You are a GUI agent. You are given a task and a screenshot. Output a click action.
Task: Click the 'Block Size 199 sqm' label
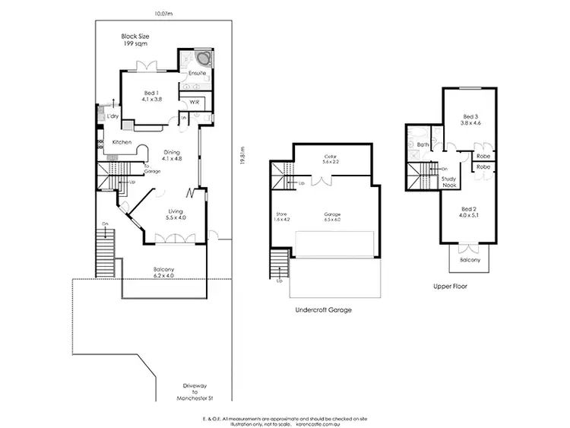click(137, 40)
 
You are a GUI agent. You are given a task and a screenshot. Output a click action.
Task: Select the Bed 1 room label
click(153, 96)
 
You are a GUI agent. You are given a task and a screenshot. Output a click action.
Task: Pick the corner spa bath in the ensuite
click(203, 60)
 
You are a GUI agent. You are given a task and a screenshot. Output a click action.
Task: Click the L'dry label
click(112, 116)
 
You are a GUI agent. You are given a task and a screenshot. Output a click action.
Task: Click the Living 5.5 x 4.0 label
click(176, 214)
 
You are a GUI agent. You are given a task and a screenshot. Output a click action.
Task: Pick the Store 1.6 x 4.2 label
click(282, 217)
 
